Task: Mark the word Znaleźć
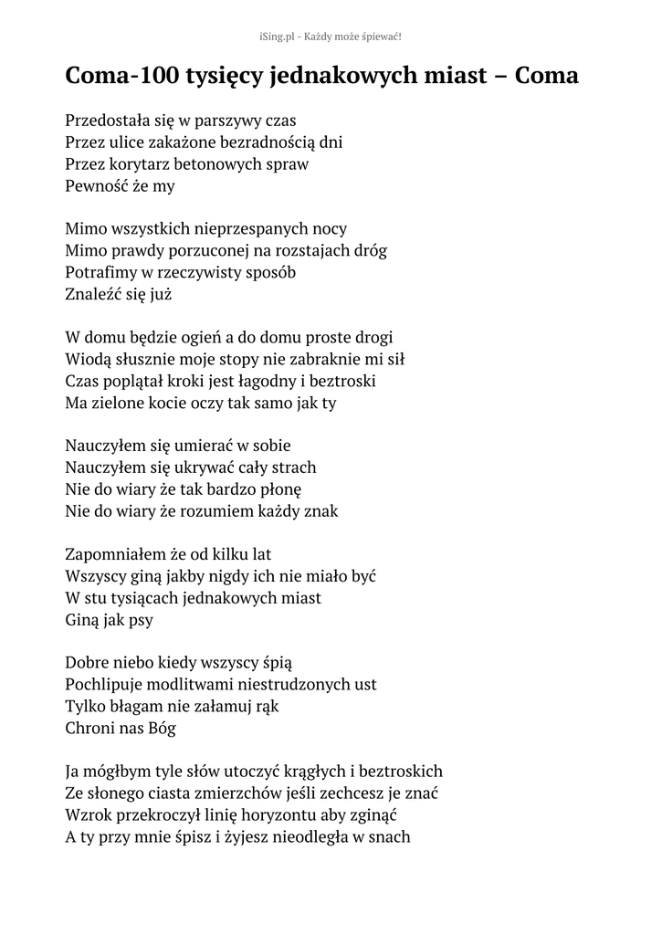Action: coord(94,294)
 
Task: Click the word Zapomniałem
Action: coord(116,554)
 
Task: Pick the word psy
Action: coord(140,620)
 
